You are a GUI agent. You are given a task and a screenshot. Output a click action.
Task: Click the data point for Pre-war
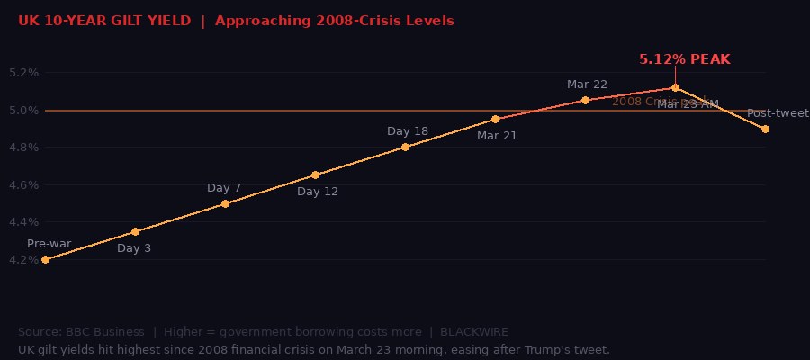[x=45, y=259]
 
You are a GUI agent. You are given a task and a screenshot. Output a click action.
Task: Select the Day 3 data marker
[x=135, y=231]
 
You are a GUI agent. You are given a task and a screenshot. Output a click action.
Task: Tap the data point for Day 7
[x=225, y=203]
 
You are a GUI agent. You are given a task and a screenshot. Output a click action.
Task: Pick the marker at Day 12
[x=315, y=175]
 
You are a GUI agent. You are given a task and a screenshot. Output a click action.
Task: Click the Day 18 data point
[x=405, y=147]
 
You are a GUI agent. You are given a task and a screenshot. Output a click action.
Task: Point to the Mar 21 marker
[x=495, y=119]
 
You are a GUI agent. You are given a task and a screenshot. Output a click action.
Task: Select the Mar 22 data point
[x=585, y=100]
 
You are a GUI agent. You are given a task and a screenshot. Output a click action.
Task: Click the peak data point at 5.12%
[x=675, y=87]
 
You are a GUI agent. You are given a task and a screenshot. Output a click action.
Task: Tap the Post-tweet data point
[x=765, y=129]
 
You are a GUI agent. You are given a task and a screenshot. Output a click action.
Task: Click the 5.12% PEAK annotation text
[x=684, y=59]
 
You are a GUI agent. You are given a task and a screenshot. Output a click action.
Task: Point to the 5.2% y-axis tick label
[x=23, y=73]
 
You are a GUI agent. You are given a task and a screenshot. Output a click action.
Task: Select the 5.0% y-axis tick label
[x=23, y=111]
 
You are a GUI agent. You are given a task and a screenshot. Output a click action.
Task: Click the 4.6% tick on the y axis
[x=23, y=185]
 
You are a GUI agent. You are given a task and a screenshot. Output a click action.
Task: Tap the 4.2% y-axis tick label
[x=23, y=260]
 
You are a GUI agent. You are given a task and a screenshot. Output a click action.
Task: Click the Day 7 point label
[x=224, y=188]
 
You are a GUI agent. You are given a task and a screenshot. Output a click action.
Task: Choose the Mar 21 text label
[x=497, y=136]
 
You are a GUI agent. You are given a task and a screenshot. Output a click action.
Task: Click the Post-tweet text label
[x=778, y=113]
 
